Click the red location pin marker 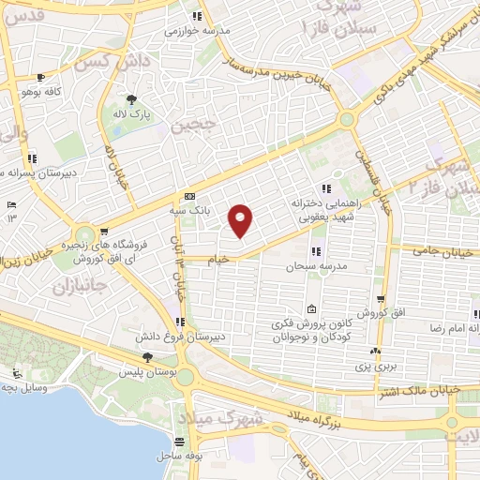point(242,220)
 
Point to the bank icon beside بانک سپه point(190,197)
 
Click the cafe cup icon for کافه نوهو point(39,78)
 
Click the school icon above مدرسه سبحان point(314,251)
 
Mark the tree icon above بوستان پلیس point(147,357)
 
